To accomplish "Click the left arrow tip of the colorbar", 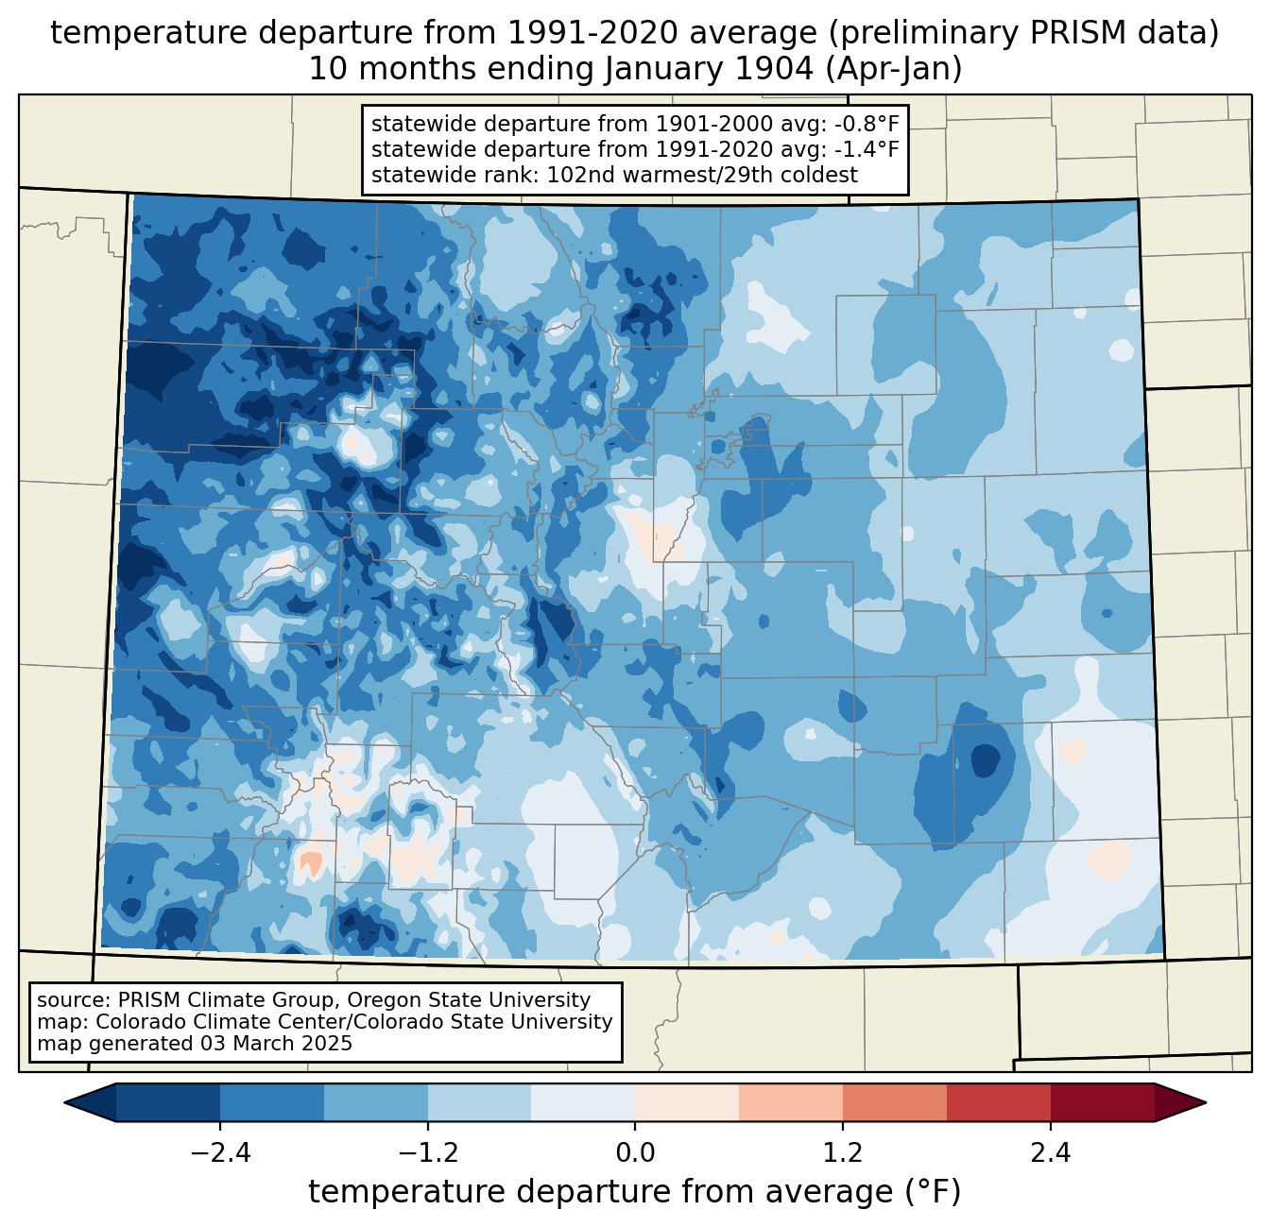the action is coord(64,1103).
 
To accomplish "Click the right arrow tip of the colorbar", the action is coord(1206,1103).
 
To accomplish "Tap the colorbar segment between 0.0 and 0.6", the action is coord(687,1103).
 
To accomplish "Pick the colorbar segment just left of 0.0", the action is coord(583,1103).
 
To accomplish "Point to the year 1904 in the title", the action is coord(775,69).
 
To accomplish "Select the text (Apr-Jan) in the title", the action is coord(893,69).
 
